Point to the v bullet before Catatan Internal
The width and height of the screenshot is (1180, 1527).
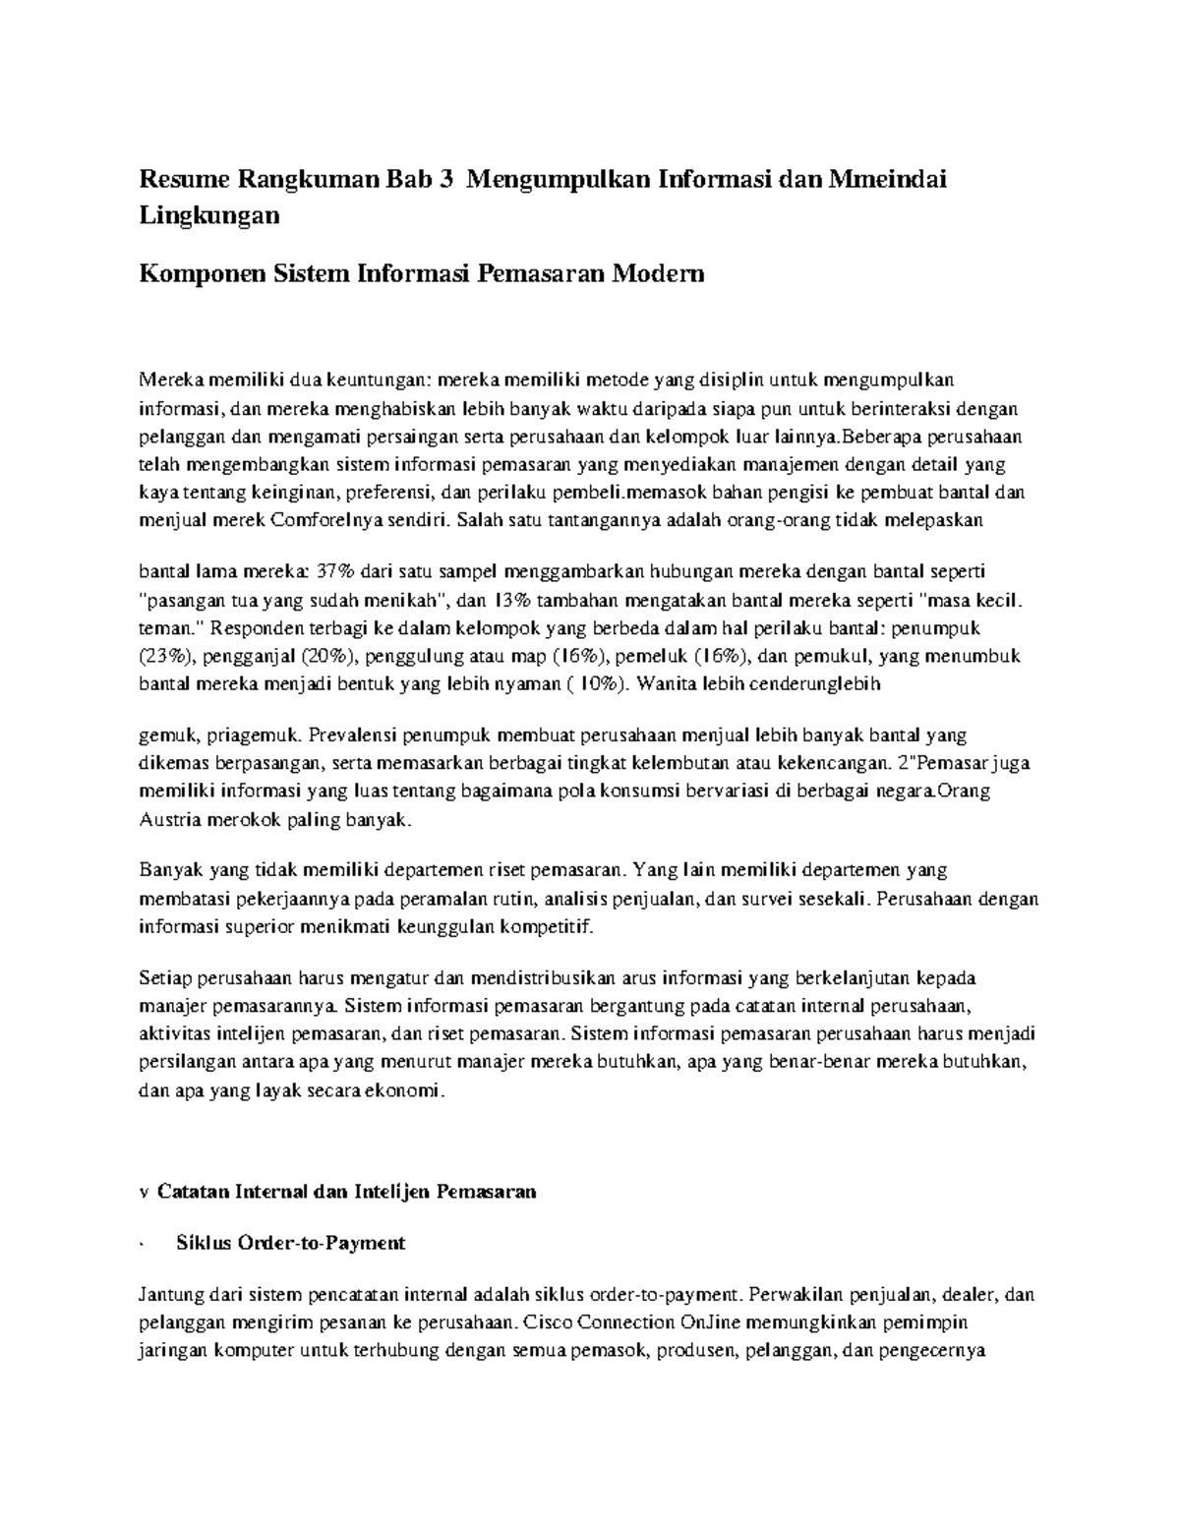point(143,1192)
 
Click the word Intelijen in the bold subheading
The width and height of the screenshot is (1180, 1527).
point(378,1191)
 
